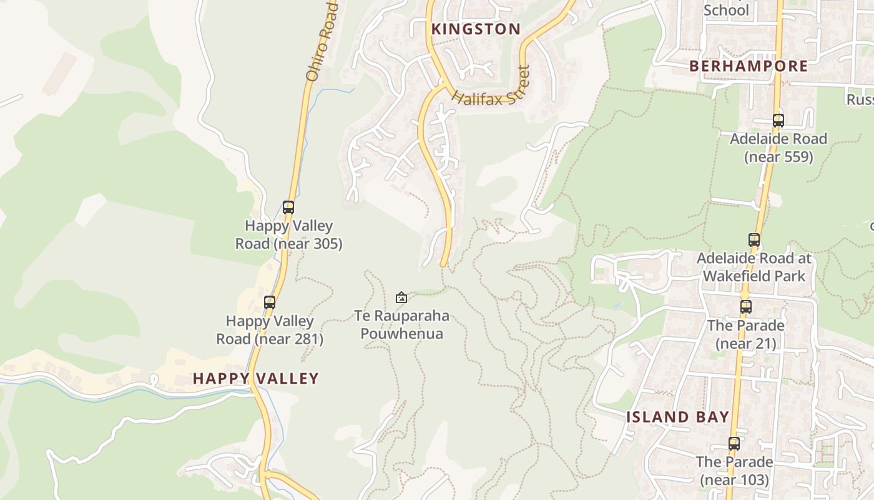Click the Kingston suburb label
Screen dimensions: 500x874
476,29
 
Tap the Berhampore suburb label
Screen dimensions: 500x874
748,66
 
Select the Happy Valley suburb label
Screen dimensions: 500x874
255,378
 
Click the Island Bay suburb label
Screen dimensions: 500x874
677,417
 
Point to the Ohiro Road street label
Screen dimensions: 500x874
322,41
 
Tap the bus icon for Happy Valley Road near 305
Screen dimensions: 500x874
288,207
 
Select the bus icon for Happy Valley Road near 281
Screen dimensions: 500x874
270,302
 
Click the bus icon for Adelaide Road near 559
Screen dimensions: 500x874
778,121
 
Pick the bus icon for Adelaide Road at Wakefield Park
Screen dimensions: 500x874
754,240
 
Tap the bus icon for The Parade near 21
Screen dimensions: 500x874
745,307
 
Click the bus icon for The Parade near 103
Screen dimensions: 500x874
734,444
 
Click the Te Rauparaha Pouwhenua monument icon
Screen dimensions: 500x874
401,297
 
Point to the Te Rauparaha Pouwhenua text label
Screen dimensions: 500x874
401,325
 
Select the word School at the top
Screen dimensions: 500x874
725,10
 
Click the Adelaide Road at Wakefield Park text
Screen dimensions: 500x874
754,267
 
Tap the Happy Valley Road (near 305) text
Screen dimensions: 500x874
288,235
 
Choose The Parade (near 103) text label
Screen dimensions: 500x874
734,471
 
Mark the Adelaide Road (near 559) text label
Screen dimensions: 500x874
778,147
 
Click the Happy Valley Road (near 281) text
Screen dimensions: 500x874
270,330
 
